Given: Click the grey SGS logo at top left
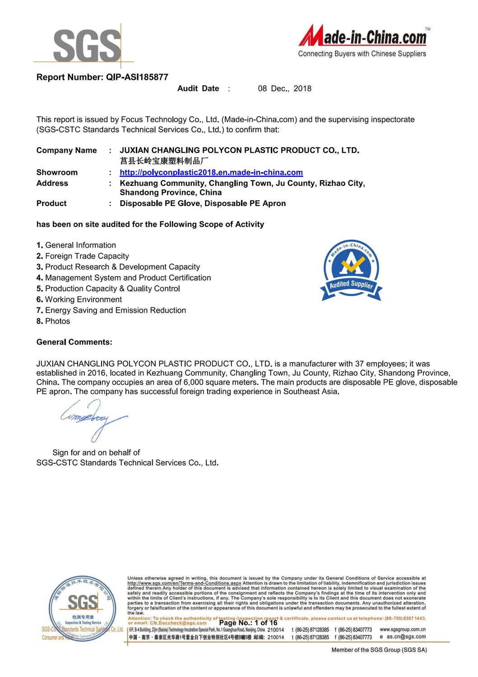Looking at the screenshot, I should pos(87,45).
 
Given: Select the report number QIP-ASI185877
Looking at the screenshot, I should pos(137,77).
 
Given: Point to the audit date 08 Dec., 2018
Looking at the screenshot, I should pos(284,89).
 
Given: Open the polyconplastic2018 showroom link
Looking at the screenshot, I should pos(211,173).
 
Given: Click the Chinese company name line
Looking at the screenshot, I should pos(164,161).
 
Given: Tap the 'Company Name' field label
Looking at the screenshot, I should pos(66,150).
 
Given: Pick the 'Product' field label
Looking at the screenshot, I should pos(51,204).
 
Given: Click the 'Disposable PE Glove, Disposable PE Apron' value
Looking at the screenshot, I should pos(203,204).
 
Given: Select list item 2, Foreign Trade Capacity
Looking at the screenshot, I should pos(83,256).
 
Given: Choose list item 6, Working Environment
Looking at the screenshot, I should pos(79,300).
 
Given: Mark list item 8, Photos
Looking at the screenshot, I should pos(53,321).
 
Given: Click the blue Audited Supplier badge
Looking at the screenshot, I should pos(351,270).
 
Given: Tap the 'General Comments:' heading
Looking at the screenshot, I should pos(74,342).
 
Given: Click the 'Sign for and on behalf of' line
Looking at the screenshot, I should pos(96,453).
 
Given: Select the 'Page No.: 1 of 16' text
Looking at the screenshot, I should pos(248,623).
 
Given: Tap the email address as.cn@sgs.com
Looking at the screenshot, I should pos(406,637).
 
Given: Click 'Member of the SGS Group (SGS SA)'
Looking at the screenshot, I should pos(379,650).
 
